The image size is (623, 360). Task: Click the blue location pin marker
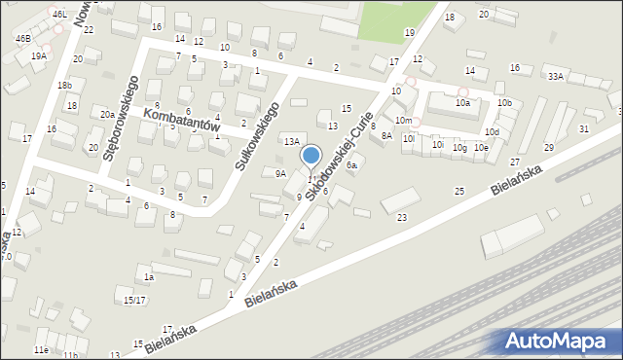coord(311,157)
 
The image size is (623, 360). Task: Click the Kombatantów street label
coord(182,121)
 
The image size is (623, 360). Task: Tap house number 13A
coord(291,142)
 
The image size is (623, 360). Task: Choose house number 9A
coord(280,174)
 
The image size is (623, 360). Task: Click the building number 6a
coord(352,165)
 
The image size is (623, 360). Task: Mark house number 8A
coord(386,136)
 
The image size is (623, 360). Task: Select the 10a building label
coord(462,102)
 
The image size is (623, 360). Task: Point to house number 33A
coord(555,76)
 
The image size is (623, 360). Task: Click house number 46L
coord(60,15)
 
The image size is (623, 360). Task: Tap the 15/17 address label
coord(134,300)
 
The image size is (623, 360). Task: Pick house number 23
coord(402,217)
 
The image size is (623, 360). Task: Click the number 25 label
coord(459,191)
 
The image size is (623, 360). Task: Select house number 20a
coord(107,115)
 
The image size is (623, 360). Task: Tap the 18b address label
coord(64,86)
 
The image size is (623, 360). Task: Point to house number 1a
coord(149,277)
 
